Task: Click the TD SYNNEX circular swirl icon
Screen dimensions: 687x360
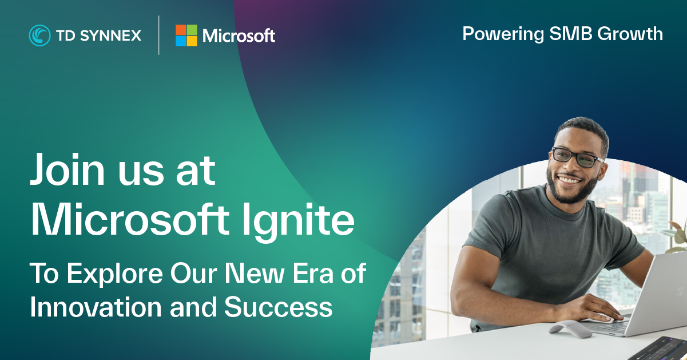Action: pyautogui.click(x=39, y=35)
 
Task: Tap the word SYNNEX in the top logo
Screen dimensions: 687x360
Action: pyautogui.click(x=110, y=35)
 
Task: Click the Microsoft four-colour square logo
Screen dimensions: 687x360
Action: pyautogui.click(x=186, y=35)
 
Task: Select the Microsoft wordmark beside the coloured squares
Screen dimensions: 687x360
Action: pyautogui.click(x=239, y=35)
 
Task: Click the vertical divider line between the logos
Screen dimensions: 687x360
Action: pyautogui.click(x=159, y=35)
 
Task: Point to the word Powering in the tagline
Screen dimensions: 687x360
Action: pyautogui.click(x=503, y=34)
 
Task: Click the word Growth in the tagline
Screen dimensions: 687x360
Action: pyautogui.click(x=630, y=33)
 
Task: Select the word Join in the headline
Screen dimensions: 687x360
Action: pyautogui.click(x=67, y=170)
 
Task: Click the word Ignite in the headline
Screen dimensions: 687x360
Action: pyautogui.click(x=298, y=221)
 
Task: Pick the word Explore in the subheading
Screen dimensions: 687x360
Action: pyautogui.click(x=115, y=274)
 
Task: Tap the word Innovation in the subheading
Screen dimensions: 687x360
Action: pyautogui.click(x=96, y=307)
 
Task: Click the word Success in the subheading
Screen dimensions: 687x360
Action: pyautogui.click(x=278, y=307)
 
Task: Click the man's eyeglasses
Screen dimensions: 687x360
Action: pyautogui.click(x=577, y=157)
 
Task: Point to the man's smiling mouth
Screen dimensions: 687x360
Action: pyautogui.click(x=569, y=180)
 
